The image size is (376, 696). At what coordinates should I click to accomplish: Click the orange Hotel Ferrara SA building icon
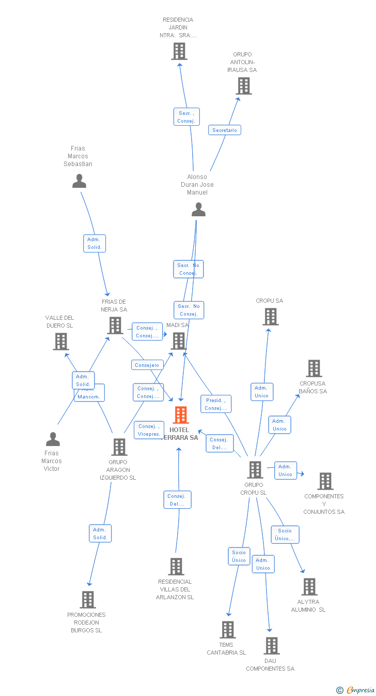click(181, 415)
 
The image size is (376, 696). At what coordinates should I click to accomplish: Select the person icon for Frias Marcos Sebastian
click(79, 181)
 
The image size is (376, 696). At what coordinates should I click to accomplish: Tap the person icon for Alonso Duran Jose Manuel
click(199, 210)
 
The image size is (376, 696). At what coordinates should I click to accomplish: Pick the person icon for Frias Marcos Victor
click(53, 439)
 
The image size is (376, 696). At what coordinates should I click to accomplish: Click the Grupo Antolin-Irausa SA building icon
click(244, 86)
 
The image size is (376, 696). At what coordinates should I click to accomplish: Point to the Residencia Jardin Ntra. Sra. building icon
click(179, 51)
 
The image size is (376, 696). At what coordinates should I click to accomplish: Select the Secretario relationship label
click(225, 130)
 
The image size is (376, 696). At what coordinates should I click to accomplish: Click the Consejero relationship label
click(147, 365)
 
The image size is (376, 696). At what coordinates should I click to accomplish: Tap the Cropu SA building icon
click(271, 317)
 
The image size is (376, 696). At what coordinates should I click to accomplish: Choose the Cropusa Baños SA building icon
click(314, 368)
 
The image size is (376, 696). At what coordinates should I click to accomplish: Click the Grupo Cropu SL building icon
click(255, 470)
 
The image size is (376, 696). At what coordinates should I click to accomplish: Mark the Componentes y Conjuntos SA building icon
click(325, 481)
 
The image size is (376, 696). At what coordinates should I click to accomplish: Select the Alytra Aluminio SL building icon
click(309, 587)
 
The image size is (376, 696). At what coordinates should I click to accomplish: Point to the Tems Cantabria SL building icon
click(228, 630)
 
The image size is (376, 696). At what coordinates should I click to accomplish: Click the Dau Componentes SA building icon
click(272, 646)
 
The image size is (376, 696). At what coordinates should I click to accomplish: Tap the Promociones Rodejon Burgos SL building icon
click(88, 600)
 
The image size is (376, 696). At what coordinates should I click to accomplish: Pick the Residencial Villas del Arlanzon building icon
click(176, 567)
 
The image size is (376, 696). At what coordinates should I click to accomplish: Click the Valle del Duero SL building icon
click(61, 342)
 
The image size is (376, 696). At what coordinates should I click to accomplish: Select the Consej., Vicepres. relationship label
click(149, 431)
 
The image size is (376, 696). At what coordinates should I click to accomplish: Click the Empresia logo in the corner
click(356, 690)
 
